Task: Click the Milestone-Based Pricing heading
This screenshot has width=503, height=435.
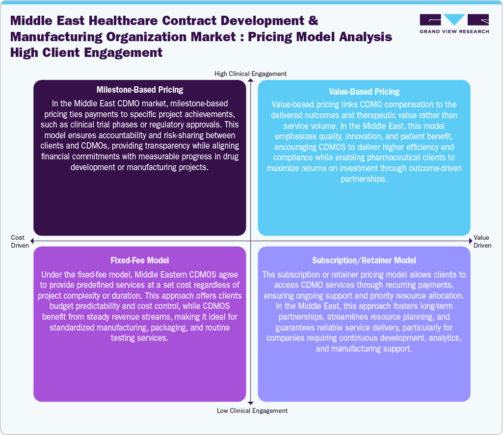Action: pyautogui.click(x=140, y=90)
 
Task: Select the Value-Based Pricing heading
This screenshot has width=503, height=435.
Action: pyautogui.click(x=364, y=92)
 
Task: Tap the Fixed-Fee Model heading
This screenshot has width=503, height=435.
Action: pyautogui.click(x=140, y=260)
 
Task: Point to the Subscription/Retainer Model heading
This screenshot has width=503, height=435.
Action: pyautogui.click(x=364, y=260)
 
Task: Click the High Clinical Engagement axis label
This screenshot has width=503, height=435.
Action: pyautogui.click(x=250, y=74)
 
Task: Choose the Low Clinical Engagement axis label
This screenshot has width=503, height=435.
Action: pyautogui.click(x=252, y=410)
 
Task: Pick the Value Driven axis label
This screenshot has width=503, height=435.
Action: pyautogui.click(x=482, y=241)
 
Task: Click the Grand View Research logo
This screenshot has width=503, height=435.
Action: pyautogui.click(x=454, y=24)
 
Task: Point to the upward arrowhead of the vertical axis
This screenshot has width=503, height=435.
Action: pyautogui.click(x=251, y=80)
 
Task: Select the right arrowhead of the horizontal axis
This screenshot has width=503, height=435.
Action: pyautogui.click(x=470, y=241)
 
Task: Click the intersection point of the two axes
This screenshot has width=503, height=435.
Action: pyautogui.click(x=251, y=241)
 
